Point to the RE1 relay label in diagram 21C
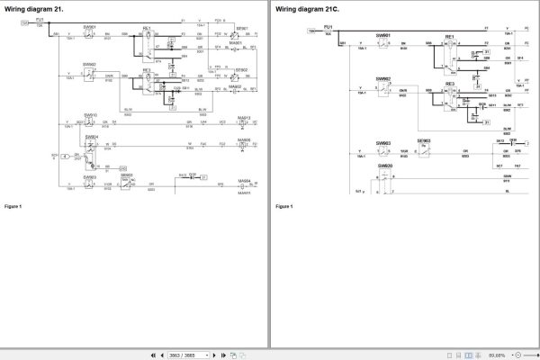click(x=449, y=37)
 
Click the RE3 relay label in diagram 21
click(x=147, y=68)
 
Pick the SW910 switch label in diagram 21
click(x=90, y=115)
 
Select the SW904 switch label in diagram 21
click(x=90, y=137)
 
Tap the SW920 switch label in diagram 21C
click(x=385, y=166)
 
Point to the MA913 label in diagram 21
click(x=244, y=117)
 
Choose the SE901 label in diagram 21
click(x=241, y=28)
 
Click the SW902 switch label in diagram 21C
click(x=384, y=78)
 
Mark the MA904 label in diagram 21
click(x=244, y=180)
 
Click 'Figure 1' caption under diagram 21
click(x=13, y=207)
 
